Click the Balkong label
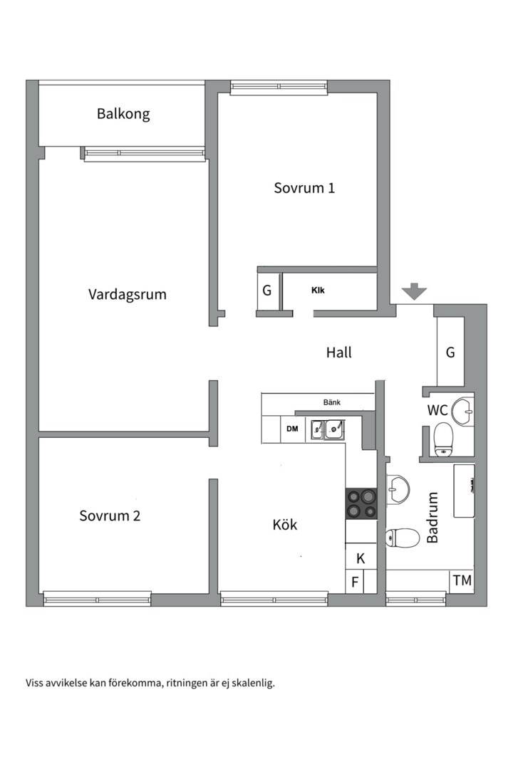pyautogui.click(x=123, y=113)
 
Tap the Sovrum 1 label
pyautogui.click(x=304, y=188)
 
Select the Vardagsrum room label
pyautogui.click(x=128, y=293)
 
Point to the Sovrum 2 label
pyautogui.click(x=110, y=516)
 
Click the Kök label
pyautogui.click(x=285, y=525)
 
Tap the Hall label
pyautogui.click(x=339, y=352)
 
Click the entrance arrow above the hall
pyautogui.click(x=414, y=291)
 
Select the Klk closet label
pyautogui.click(x=318, y=290)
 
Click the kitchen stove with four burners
pyautogui.click(x=361, y=503)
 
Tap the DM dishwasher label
pyautogui.click(x=292, y=429)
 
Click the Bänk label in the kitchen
pyautogui.click(x=332, y=402)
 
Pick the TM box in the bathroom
pyautogui.click(x=462, y=581)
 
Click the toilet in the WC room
pyautogui.click(x=444, y=438)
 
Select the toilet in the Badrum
pyautogui.click(x=403, y=537)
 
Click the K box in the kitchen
pyautogui.click(x=361, y=558)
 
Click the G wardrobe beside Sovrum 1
pyautogui.click(x=267, y=291)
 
